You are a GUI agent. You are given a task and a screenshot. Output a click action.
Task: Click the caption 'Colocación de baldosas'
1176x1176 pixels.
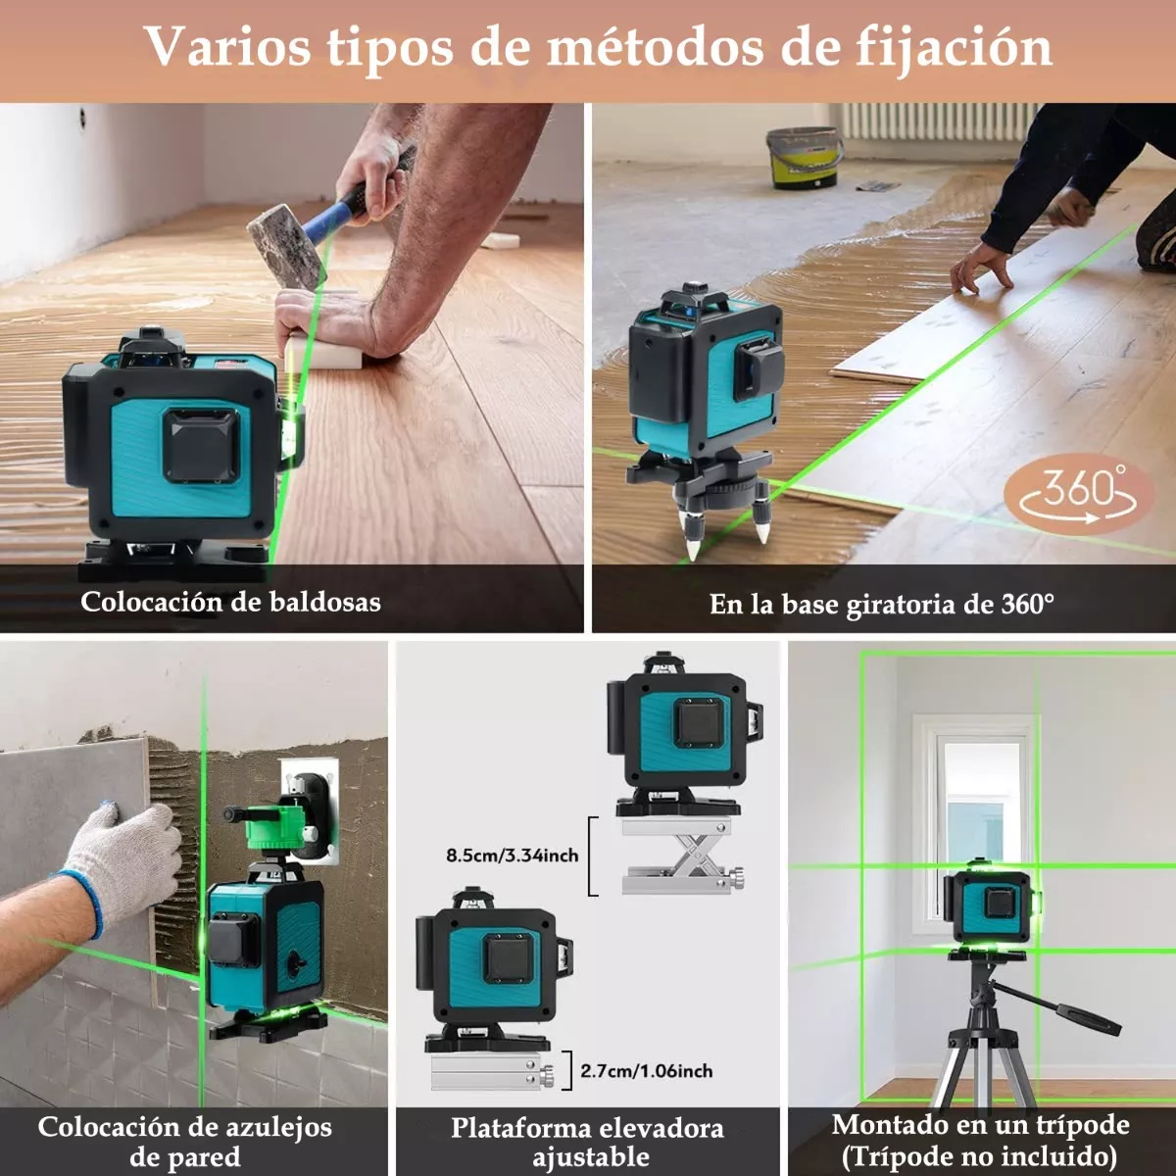pyautogui.click(x=230, y=601)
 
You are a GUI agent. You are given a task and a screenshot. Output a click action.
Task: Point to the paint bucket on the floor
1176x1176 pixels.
pyautogui.click(x=804, y=157)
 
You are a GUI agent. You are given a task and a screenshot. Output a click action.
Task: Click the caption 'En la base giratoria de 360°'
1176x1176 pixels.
pyautogui.click(x=881, y=604)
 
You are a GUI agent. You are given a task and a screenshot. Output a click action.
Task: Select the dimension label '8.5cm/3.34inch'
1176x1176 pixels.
pyautogui.click(x=512, y=856)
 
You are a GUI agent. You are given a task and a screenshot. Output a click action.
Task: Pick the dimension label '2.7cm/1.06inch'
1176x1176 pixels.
pyautogui.click(x=647, y=1071)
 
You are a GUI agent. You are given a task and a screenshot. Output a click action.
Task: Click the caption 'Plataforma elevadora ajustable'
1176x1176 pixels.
pyautogui.click(x=588, y=1142)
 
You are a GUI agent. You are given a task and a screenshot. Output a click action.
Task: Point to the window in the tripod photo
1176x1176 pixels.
pyautogui.click(x=975, y=813)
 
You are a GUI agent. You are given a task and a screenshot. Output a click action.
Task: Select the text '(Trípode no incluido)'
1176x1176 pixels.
pyautogui.click(x=979, y=1155)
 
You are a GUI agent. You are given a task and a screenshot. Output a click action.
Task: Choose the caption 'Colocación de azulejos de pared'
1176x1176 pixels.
pyautogui.click(x=185, y=1142)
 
